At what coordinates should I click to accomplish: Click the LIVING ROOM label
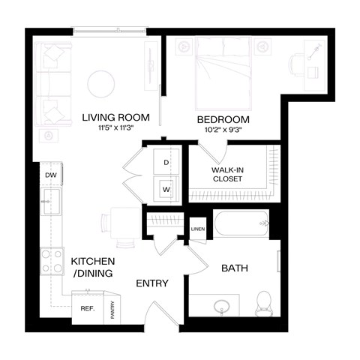click(x=115, y=117)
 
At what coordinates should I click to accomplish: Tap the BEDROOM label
click(x=223, y=120)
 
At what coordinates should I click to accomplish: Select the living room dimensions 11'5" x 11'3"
click(x=115, y=128)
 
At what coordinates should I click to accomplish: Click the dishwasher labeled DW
click(x=50, y=175)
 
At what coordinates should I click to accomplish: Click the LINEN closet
click(x=198, y=229)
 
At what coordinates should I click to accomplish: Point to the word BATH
click(x=235, y=268)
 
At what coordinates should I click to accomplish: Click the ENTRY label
click(x=151, y=283)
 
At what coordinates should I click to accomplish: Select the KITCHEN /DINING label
click(x=91, y=267)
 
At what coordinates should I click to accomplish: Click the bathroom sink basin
click(x=220, y=307)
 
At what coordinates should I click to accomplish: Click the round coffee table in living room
click(x=102, y=83)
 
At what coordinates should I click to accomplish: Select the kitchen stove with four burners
click(x=52, y=261)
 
